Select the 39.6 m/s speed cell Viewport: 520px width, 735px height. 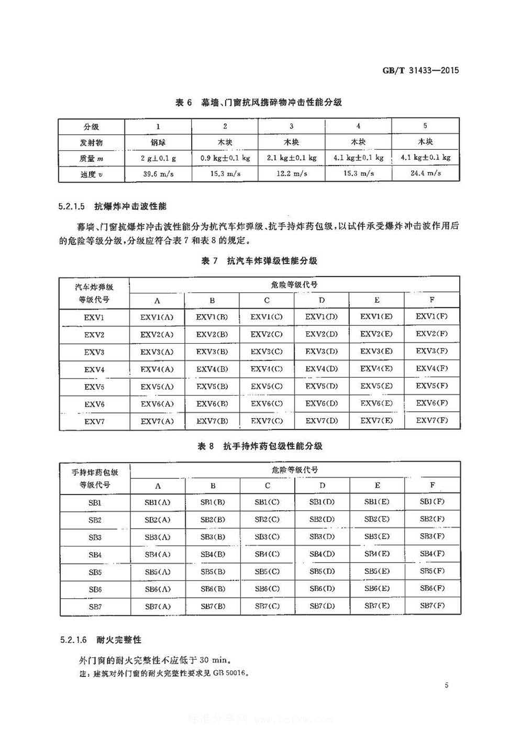tap(158, 173)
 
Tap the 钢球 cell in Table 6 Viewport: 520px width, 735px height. tap(158, 142)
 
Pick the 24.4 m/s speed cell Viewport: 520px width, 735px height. tap(425, 173)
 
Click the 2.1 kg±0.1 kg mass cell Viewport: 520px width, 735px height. tap(292, 157)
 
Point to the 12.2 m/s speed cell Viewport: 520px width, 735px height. tap(292, 173)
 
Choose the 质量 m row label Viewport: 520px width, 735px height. tap(92, 158)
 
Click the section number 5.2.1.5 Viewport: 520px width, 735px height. tap(72, 206)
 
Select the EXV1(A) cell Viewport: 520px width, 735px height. tap(157, 317)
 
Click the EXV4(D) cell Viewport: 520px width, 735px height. tap(322, 369)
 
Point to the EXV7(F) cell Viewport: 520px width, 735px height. tap(432, 420)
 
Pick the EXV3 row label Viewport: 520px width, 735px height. tap(94, 352)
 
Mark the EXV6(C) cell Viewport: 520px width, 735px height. tap(267, 403)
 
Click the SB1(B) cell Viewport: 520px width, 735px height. tap(213, 502)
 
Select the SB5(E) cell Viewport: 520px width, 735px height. tap(377, 571)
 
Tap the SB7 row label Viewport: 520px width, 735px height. tap(95, 607)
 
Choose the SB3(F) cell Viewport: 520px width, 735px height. tap(432, 536)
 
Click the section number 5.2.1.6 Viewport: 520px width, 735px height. tap(72, 640)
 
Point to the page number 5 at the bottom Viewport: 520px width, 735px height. tap(446, 685)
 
